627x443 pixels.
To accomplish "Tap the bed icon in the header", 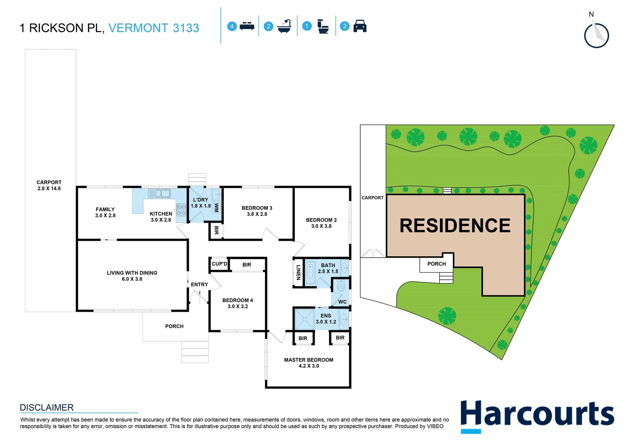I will click(247, 26).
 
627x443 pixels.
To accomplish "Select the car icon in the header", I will click(359, 26).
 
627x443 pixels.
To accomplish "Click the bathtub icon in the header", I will click(284, 26).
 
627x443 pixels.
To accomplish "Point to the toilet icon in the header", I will click(323, 27).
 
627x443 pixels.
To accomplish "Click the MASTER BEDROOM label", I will click(309, 363).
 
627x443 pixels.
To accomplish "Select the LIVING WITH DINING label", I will click(132, 276).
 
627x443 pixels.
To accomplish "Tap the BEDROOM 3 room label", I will click(257, 211).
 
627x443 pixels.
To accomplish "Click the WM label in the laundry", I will click(216, 208).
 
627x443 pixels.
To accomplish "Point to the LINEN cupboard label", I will click(298, 272).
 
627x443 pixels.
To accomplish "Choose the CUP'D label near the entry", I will click(219, 264).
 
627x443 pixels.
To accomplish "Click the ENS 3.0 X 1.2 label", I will click(326, 319).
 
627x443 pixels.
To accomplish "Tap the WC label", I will click(342, 301).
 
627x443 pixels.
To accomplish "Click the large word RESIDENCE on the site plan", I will click(455, 226).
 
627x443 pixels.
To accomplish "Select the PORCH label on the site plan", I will click(436, 264).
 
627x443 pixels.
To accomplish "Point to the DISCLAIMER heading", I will click(47, 407).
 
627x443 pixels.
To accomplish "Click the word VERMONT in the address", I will click(138, 28).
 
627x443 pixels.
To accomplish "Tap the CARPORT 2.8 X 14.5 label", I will click(49, 185).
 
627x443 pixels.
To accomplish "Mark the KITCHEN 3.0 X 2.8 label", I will click(161, 217).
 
